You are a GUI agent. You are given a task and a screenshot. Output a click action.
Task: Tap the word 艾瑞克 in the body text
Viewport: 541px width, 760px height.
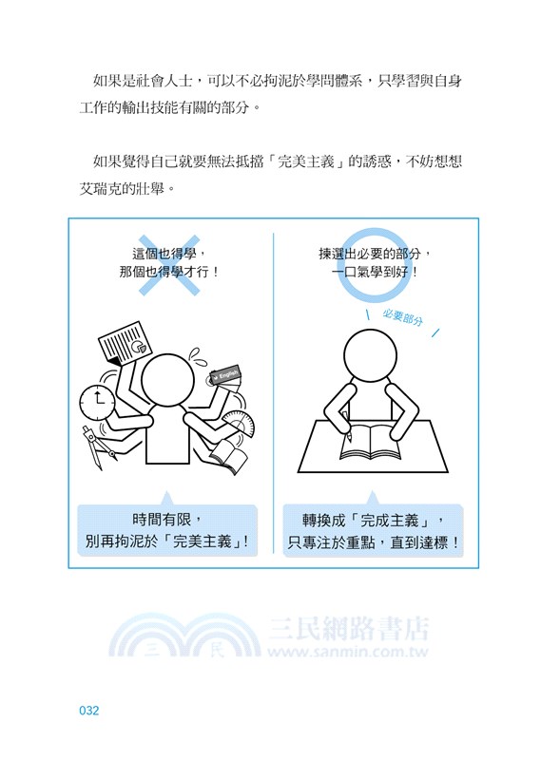(101, 188)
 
